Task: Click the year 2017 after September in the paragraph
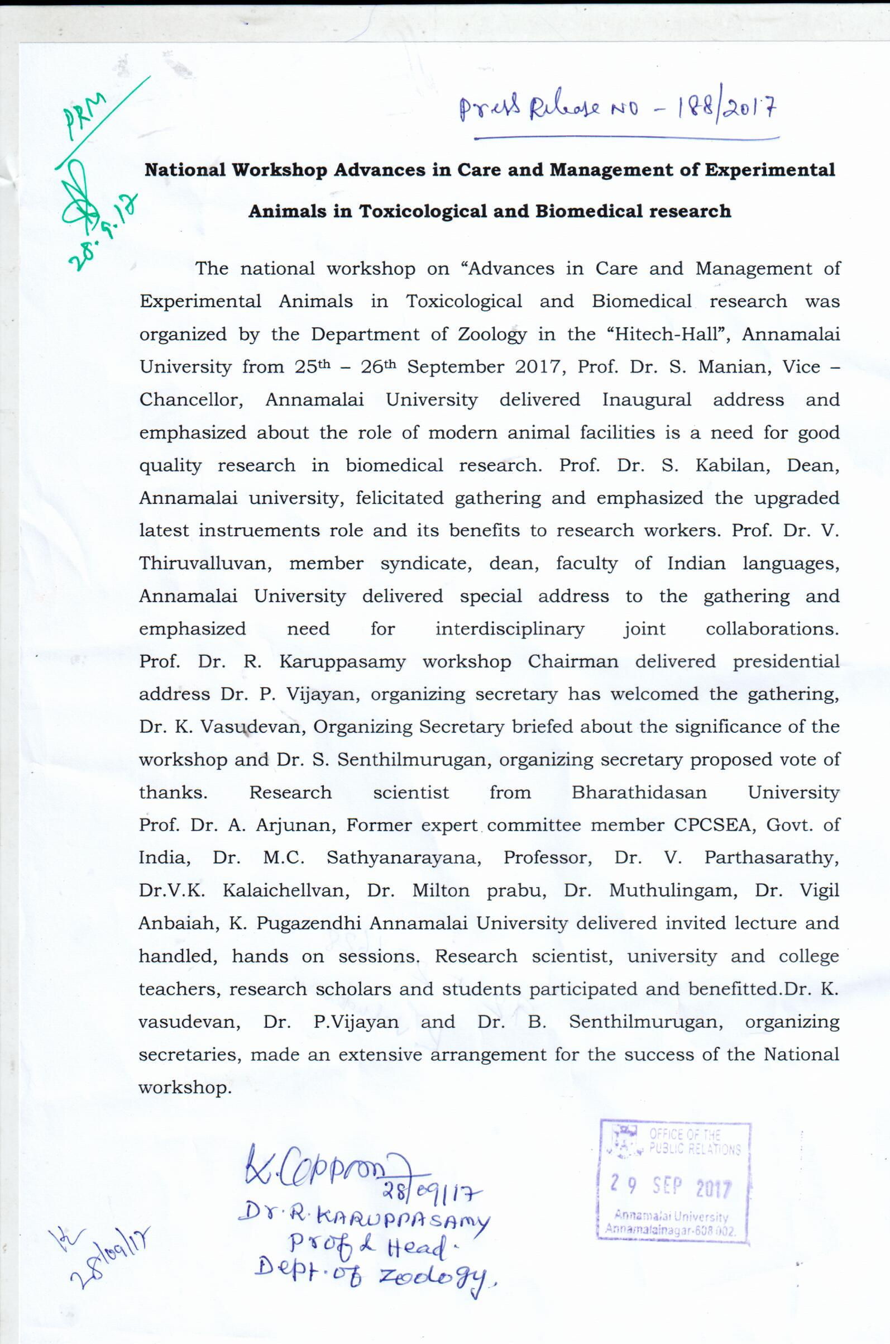click(538, 367)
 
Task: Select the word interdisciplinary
click(509, 628)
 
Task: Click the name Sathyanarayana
click(404, 857)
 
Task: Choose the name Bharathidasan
click(639, 792)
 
